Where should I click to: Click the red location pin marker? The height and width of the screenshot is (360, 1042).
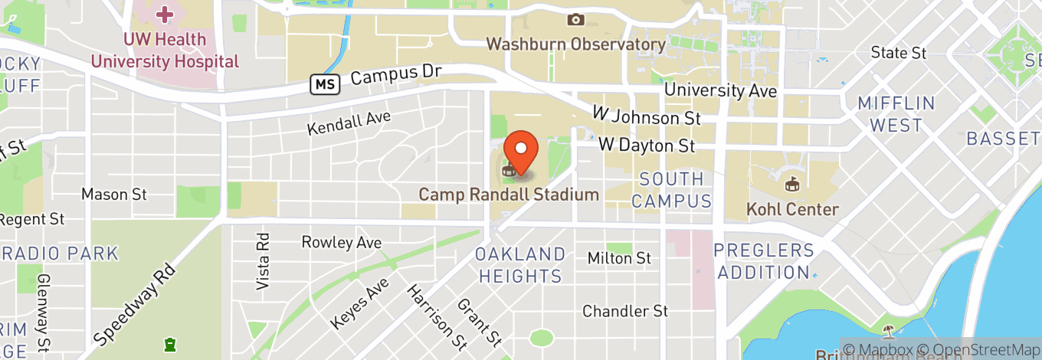click(x=521, y=149)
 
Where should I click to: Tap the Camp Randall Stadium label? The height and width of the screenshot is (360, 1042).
click(x=509, y=195)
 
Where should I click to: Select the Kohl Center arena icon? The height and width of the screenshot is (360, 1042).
click(x=792, y=185)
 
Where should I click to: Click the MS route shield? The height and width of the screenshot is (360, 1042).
click(x=325, y=84)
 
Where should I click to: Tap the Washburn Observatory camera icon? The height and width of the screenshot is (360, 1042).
click(x=575, y=19)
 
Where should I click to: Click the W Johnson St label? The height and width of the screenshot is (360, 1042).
click(x=647, y=116)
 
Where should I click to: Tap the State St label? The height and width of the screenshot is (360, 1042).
click(x=899, y=53)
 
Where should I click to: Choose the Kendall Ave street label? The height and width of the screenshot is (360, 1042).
click(x=349, y=123)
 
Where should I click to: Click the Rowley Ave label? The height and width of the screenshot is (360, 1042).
click(x=341, y=243)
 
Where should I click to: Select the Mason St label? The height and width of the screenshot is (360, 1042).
click(x=114, y=195)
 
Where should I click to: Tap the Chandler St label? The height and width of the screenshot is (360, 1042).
click(x=625, y=312)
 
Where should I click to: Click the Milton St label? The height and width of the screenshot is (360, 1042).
click(x=619, y=259)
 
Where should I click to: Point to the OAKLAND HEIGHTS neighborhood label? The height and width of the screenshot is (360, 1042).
click(x=520, y=265)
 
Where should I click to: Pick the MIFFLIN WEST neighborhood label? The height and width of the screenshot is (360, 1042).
click(x=896, y=114)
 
